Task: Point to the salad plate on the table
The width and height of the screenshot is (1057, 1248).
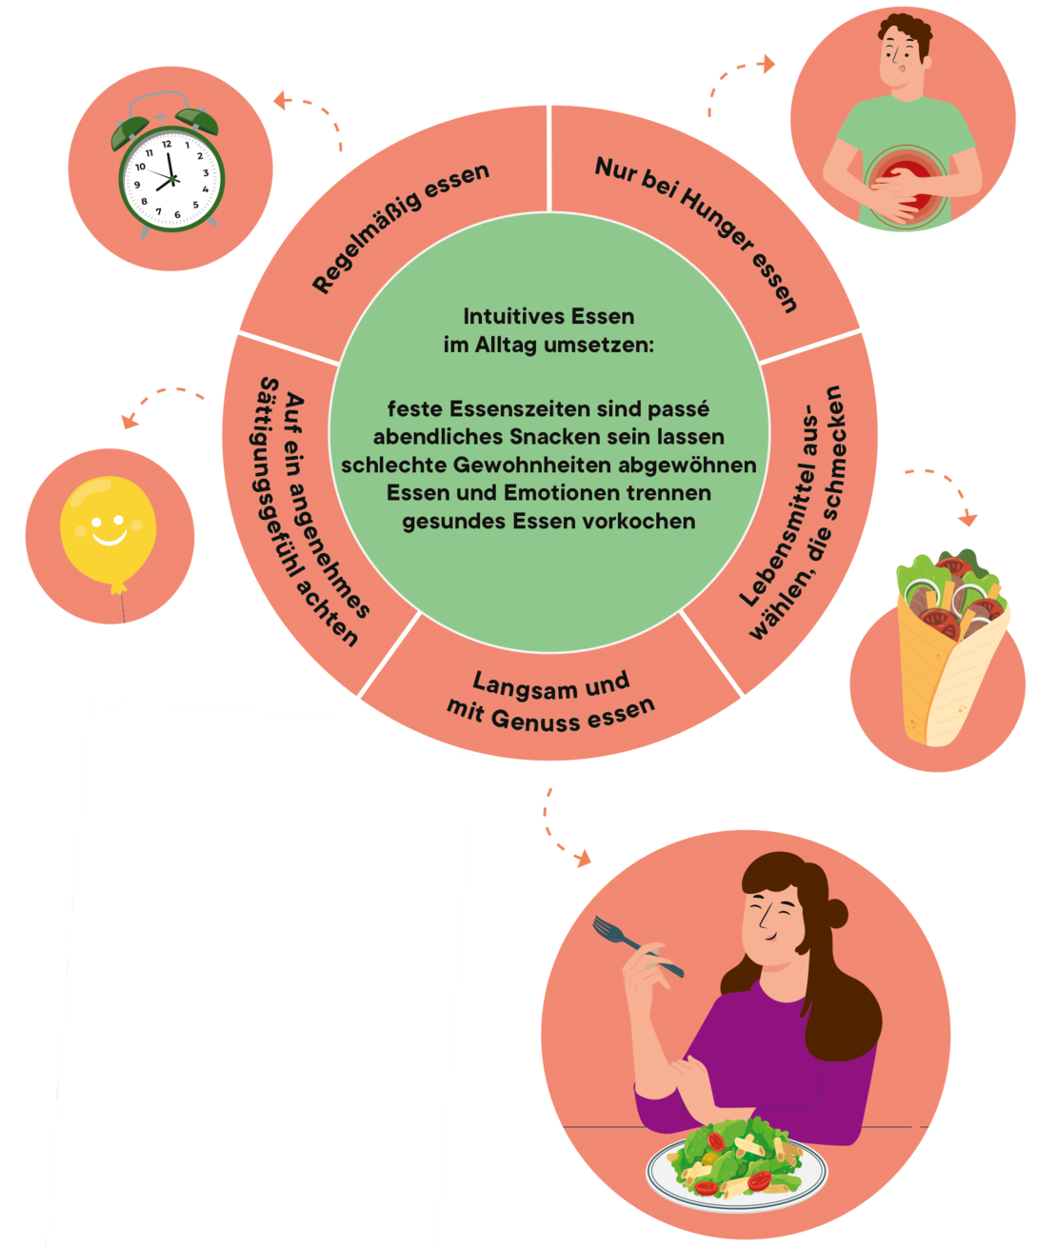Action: pos(735,1162)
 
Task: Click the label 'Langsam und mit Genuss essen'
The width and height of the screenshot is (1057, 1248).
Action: pos(551,700)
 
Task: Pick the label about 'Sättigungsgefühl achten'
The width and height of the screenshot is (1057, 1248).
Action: pos(313,510)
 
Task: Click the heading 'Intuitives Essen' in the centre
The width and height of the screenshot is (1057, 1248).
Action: pos(548,316)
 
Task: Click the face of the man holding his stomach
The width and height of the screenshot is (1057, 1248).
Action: pos(901,57)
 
